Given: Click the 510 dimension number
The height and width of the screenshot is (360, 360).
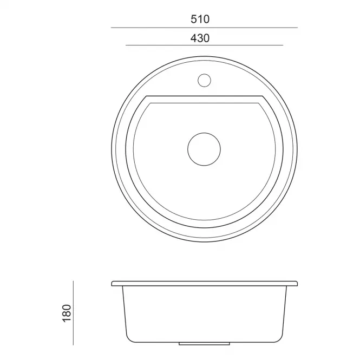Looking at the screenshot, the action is (x=200, y=19).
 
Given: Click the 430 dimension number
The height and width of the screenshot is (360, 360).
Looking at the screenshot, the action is (x=200, y=38).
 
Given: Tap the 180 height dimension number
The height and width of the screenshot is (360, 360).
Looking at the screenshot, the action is (x=67, y=313).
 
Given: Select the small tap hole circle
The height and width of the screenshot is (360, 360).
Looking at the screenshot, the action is (x=204, y=80).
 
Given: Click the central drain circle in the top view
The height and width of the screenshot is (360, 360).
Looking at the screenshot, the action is (x=204, y=149).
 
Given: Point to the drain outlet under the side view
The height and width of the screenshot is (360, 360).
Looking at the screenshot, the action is (x=204, y=343).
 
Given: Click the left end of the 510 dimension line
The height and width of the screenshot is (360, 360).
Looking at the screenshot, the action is (x=111, y=28).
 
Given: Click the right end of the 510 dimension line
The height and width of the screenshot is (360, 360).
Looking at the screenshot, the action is (x=298, y=28).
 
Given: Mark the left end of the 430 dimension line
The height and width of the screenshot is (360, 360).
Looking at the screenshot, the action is (x=126, y=45).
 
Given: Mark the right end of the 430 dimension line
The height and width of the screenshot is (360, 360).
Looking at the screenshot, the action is (x=283, y=45).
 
